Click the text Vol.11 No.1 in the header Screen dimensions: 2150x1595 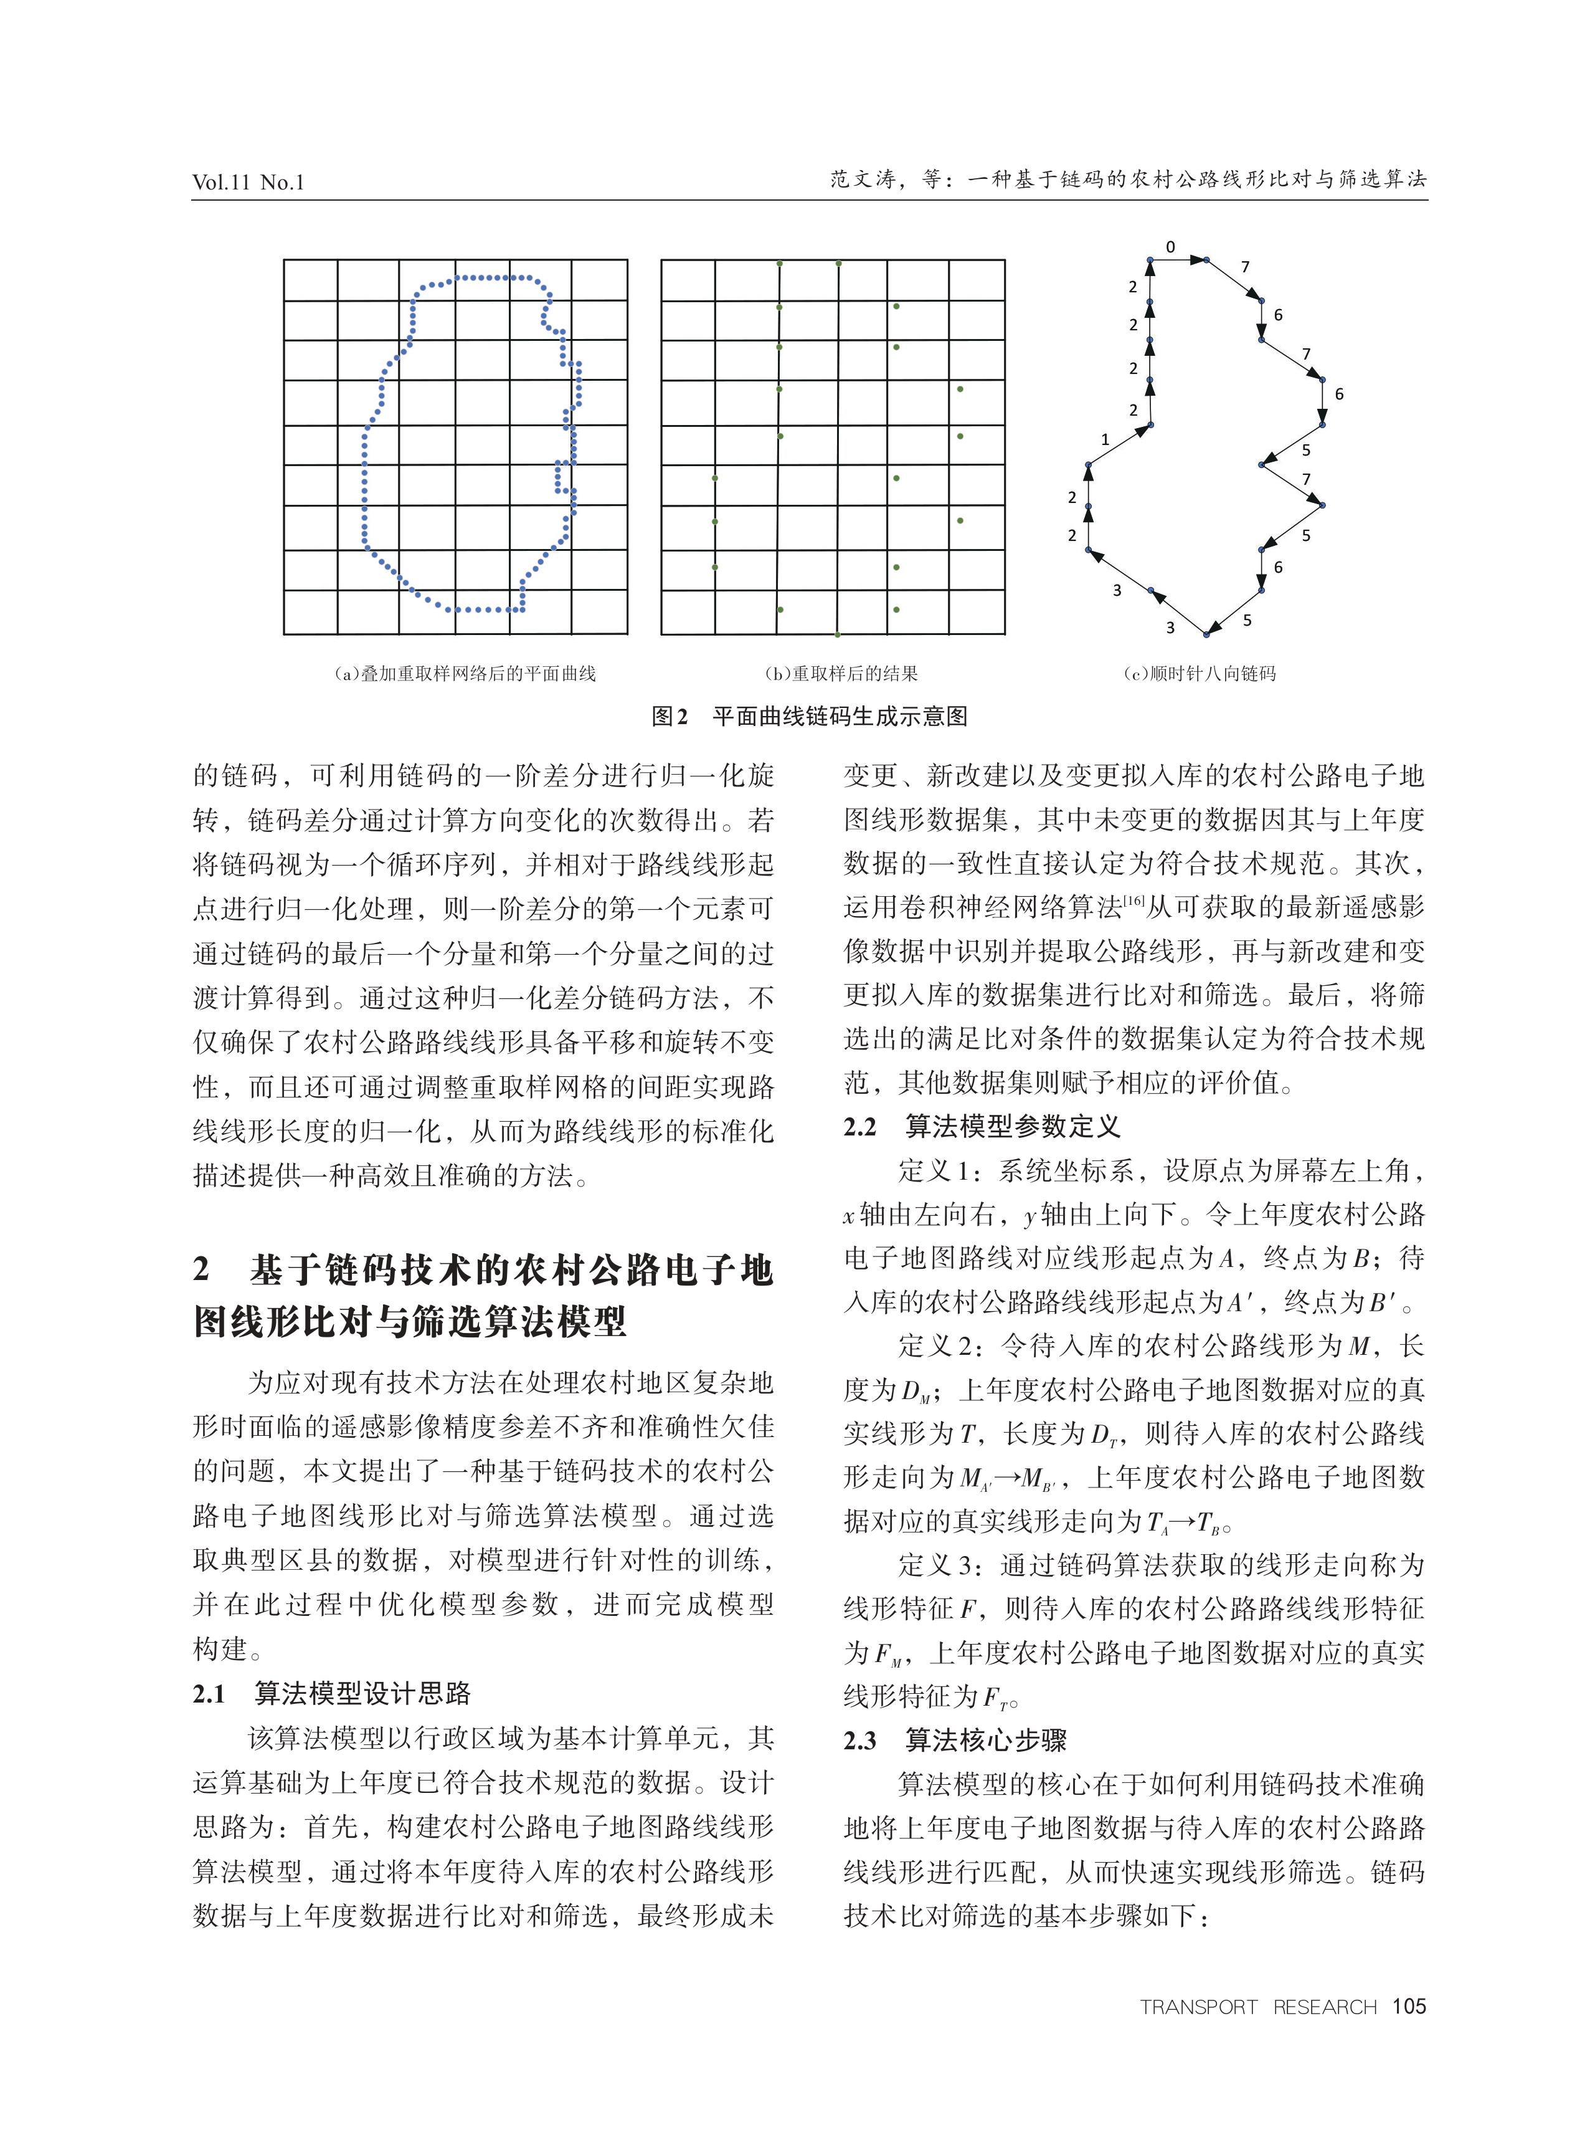248,181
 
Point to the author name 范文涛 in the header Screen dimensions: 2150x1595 863,179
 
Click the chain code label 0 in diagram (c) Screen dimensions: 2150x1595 1170,247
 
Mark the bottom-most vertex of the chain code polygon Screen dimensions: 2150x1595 1206,634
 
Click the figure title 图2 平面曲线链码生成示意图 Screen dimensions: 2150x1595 809,717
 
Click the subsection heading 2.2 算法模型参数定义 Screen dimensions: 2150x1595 982,1127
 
